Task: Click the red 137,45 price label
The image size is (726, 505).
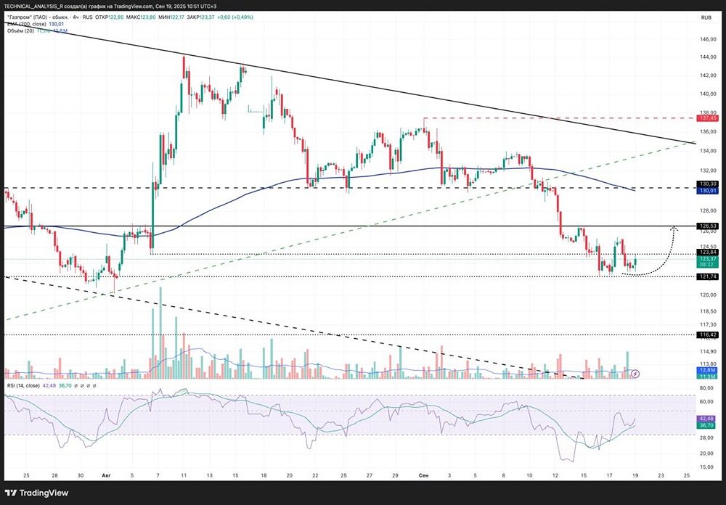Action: click(x=708, y=118)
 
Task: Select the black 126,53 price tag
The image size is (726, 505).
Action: click(x=708, y=226)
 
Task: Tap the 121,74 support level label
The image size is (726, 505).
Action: click(x=708, y=276)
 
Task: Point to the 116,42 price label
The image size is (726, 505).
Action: click(x=708, y=334)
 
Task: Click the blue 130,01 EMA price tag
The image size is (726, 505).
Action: click(x=708, y=191)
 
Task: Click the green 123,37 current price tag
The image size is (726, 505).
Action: click(x=708, y=258)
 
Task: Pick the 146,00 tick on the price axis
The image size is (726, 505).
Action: click(x=707, y=38)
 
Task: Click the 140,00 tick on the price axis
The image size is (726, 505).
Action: click(x=707, y=94)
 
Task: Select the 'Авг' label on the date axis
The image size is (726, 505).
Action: click(x=106, y=475)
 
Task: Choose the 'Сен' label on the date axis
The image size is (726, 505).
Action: click(x=424, y=475)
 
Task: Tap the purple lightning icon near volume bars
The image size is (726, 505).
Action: click(x=635, y=374)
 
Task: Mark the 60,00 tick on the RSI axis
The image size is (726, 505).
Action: click(x=707, y=401)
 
